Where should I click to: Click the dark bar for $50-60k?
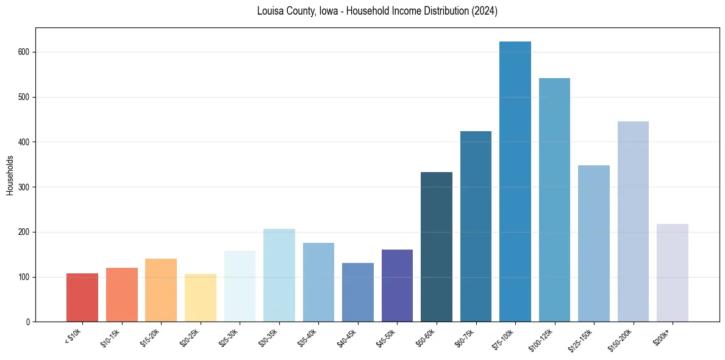pos(437,247)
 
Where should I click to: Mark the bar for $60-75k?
pos(476,226)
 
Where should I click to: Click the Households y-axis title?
pos(10,175)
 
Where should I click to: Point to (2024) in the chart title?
pos(484,11)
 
